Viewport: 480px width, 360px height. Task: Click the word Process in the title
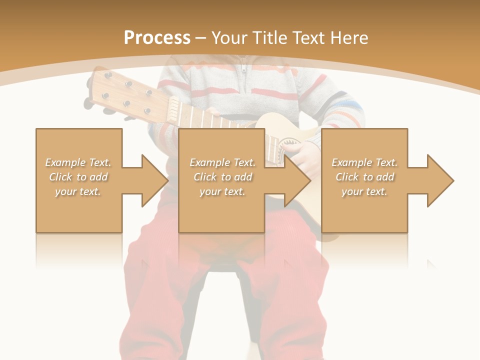click(157, 38)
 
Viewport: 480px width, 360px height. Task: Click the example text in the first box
click(78, 177)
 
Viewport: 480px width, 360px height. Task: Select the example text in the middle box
click(222, 177)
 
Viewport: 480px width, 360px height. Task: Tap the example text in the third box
click(364, 177)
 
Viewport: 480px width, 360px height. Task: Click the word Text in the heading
click(309, 38)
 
